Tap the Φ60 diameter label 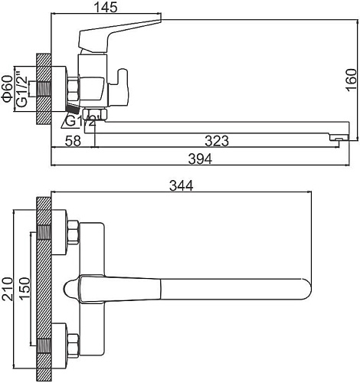(7, 88)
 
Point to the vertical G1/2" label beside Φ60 (22, 90)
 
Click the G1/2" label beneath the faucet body (80, 121)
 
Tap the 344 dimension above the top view (180, 185)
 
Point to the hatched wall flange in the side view (43, 88)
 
